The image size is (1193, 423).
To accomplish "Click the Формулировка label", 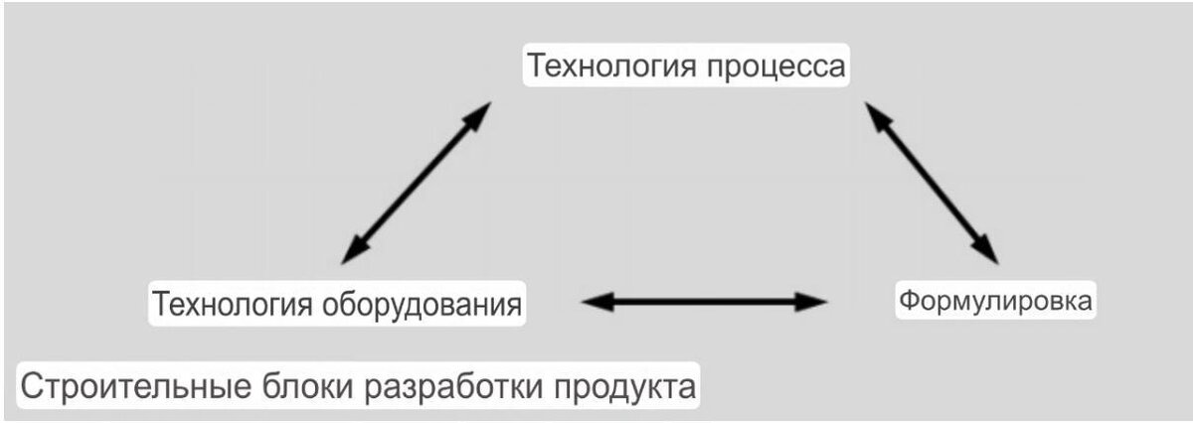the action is pos(995,300).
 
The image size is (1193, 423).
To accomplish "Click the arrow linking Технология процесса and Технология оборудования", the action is pos(416,182).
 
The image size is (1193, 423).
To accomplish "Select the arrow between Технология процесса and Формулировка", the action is pos(932,182).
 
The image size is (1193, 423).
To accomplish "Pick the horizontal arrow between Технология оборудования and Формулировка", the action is pos(705,302).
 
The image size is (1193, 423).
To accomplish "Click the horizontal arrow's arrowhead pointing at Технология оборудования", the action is pos(593,302).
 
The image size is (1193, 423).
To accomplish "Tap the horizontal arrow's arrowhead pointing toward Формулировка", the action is pos(816,302).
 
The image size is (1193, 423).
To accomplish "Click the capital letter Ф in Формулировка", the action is pos(908,300).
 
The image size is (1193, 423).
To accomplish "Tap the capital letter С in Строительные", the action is pos(29,385).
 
